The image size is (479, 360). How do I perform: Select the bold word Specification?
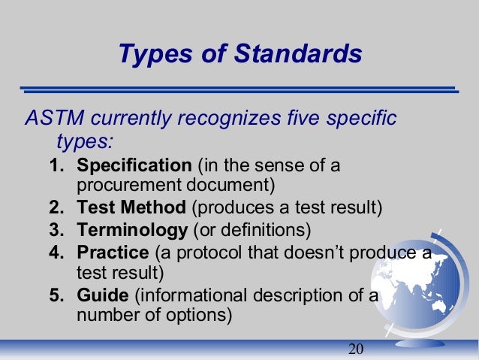pos(134,165)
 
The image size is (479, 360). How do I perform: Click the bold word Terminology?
pos(132,229)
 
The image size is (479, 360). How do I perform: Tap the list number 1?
pos(56,165)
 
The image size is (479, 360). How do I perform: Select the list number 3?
pos(56,229)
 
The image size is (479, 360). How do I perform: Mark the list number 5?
pos(56,294)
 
